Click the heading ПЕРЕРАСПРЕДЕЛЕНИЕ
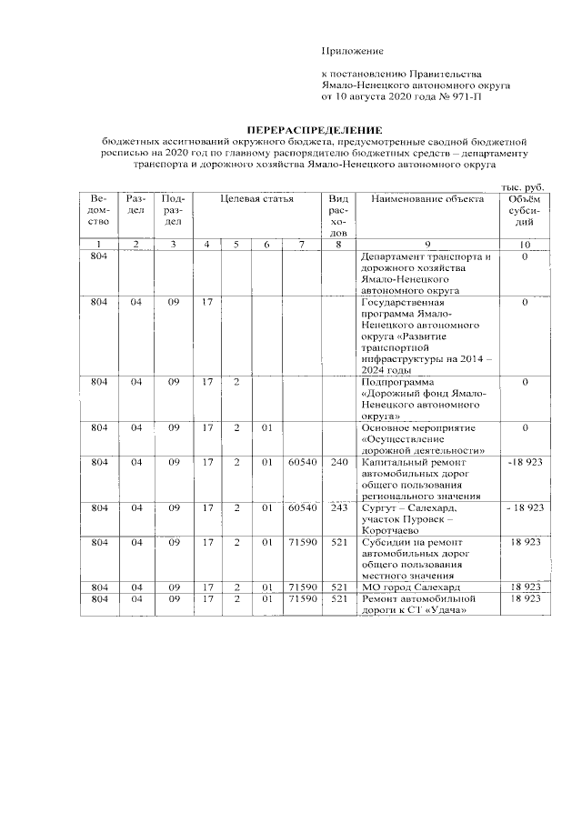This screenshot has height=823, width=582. pyautogui.click(x=316, y=131)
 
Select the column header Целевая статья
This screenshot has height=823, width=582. pyautogui.click(x=255, y=198)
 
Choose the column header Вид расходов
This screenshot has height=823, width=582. pyautogui.click(x=337, y=216)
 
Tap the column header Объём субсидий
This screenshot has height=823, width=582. pyautogui.click(x=525, y=210)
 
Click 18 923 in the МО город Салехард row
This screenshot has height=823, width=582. pyautogui.click(x=525, y=587)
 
